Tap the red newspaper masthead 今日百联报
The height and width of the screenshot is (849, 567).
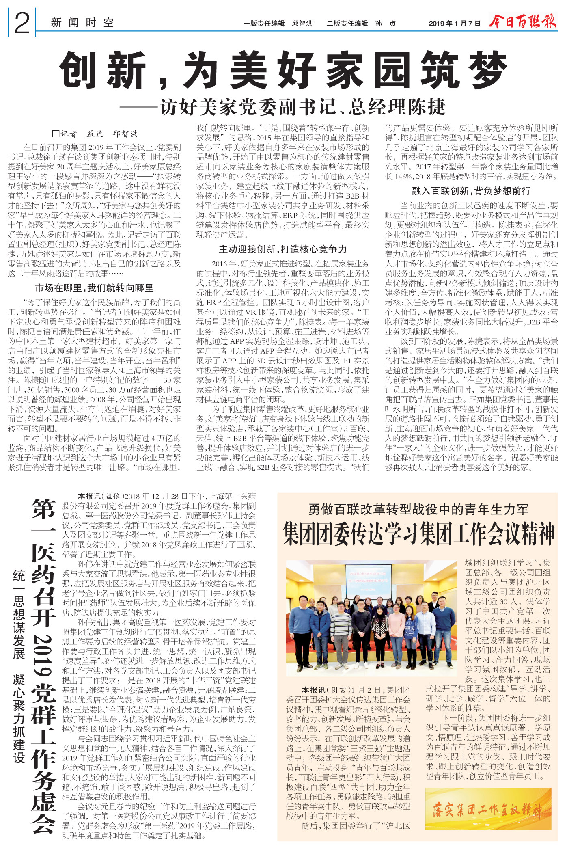click(522, 22)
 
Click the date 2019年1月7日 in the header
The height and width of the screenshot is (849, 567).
click(454, 24)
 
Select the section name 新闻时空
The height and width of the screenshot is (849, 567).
click(82, 23)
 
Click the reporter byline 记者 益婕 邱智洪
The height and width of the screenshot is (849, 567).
click(96, 134)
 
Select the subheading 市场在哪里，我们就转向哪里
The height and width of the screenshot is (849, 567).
click(94, 288)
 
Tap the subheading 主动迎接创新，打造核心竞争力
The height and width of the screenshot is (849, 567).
click(283, 249)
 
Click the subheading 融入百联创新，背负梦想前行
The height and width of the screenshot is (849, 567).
click(471, 191)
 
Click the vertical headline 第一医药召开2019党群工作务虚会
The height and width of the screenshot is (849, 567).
click(43, 662)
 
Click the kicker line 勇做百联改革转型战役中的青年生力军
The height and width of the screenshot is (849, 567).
click(418, 509)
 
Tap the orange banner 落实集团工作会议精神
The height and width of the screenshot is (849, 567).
click(488, 810)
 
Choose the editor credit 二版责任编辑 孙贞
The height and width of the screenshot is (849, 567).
click(361, 24)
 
